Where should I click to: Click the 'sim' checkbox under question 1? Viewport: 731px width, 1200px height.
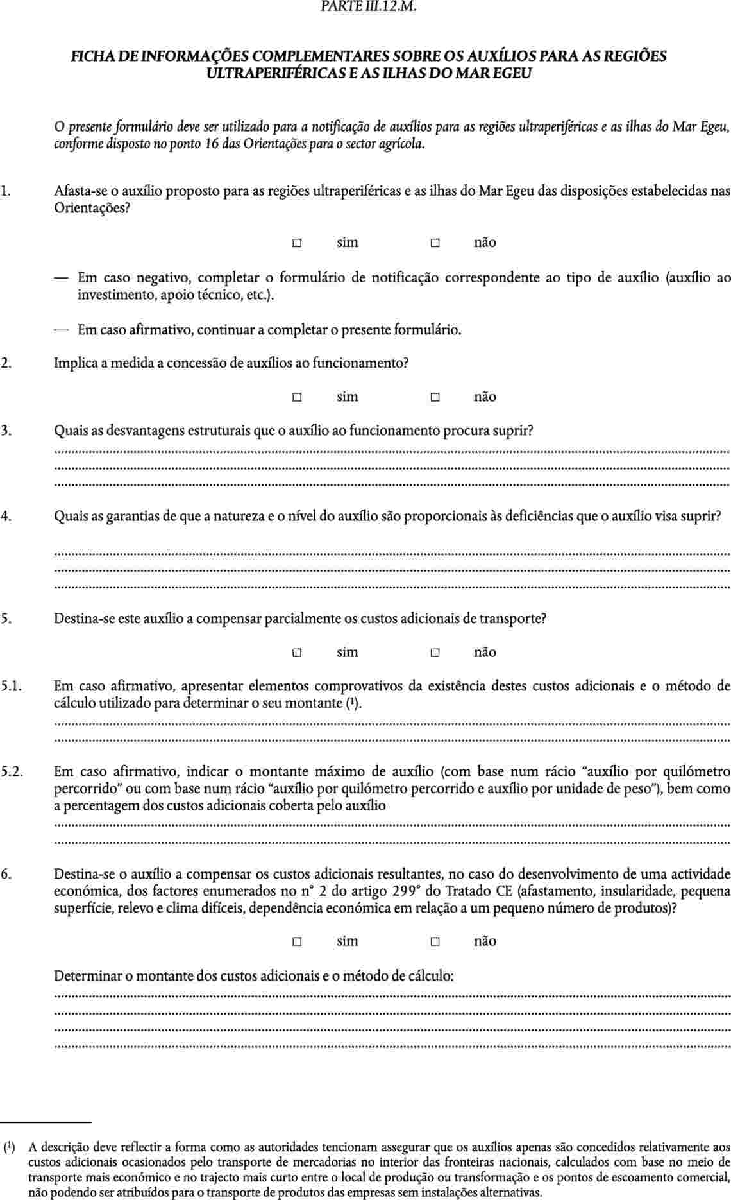coord(297,243)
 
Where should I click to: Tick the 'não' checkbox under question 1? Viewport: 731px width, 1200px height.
coord(435,243)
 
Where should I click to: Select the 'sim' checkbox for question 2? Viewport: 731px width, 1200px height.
coord(297,397)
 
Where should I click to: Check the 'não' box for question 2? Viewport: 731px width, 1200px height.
coord(435,397)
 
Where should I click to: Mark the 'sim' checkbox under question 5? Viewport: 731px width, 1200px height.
coord(297,653)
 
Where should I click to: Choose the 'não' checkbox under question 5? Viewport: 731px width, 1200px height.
coord(435,653)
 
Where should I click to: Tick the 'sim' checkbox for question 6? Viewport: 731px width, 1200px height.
coord(297,941)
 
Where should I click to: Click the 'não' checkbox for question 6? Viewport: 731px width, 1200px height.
coord(435,941)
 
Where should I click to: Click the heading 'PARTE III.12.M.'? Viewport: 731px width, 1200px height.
coord(366,9)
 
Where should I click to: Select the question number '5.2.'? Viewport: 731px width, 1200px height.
coord(12,771)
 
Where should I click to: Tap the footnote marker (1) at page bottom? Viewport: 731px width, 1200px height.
coord(10,1146)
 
